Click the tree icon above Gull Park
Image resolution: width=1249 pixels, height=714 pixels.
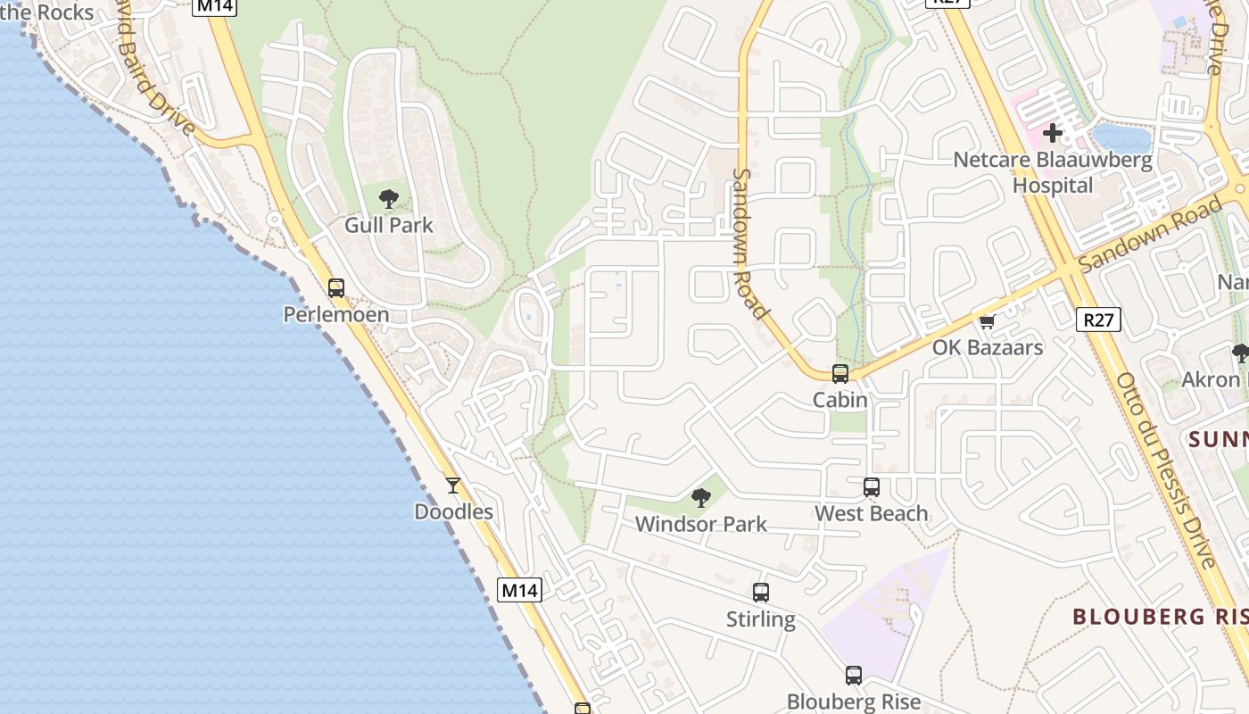(x=388, y=198)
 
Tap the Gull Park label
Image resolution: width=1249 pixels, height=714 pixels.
(x=389, y=225)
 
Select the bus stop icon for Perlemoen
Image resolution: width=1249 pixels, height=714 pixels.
(x=336, y=288)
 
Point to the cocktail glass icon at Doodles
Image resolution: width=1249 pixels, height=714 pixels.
(x=453, y=486)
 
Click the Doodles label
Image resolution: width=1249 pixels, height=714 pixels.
(x=453, y=511)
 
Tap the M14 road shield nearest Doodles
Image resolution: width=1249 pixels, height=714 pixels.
(x=519, y=590)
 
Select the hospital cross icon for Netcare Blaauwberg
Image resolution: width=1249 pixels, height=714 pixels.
(x=1053, y=134)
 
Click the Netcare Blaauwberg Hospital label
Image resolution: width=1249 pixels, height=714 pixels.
(x=1053, y=173)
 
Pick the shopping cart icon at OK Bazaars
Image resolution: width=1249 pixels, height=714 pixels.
(x=987, y=322)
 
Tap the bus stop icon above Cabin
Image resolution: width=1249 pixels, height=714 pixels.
(x=840, y=374)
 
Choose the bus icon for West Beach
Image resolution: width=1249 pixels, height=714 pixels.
(x=871, y=487)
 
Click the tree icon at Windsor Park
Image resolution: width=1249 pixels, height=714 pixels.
(x=701, y=498)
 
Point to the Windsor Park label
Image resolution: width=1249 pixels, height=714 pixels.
(x=701, y=524)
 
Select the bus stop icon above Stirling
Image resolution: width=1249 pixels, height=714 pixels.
(x=760, y=593)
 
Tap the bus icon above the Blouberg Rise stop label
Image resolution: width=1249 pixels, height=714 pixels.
(x=854, y=676)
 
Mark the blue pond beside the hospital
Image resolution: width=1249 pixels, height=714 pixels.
(x=1122, y=138)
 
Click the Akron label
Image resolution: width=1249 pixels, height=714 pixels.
(x=1211, y=379)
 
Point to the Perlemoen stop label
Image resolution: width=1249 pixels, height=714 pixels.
(x=336, y=314)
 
